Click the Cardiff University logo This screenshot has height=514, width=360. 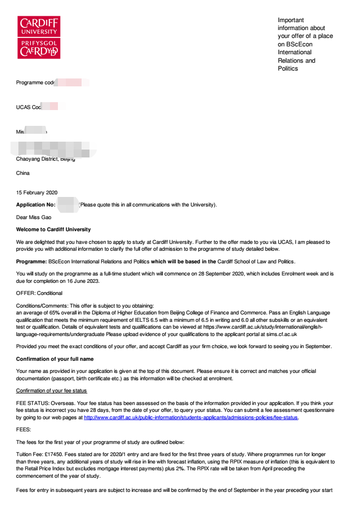pyautogui.click(x=39, y=37)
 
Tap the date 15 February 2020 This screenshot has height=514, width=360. pyautogui.click(x=37, y=193)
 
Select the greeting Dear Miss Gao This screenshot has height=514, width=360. pyautogui.click(x=34, y=217)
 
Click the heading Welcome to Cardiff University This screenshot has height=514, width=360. pyautogui.click(x=53, y=230)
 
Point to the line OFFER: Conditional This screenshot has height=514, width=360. pyautogui.click(x=39, y=293)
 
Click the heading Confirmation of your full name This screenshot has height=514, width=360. pyautogui.click(x=55, y=359)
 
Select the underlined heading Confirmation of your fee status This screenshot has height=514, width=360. pyautogui.click(x=52, y=390)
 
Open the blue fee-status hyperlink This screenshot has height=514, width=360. pyautogui.click(x=191, y=418)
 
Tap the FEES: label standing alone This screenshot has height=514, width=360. pyautogui.click(x=24, y=429)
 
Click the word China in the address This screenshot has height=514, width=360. pyautogui.click(x=23, y=173)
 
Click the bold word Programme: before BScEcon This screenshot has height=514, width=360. pyautogui.click(x=32, y=262)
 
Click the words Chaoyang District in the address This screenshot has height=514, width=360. pyautogui.click(x=36, y=159)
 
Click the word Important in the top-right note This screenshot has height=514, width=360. pyautogui.click(x=291, y=20)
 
